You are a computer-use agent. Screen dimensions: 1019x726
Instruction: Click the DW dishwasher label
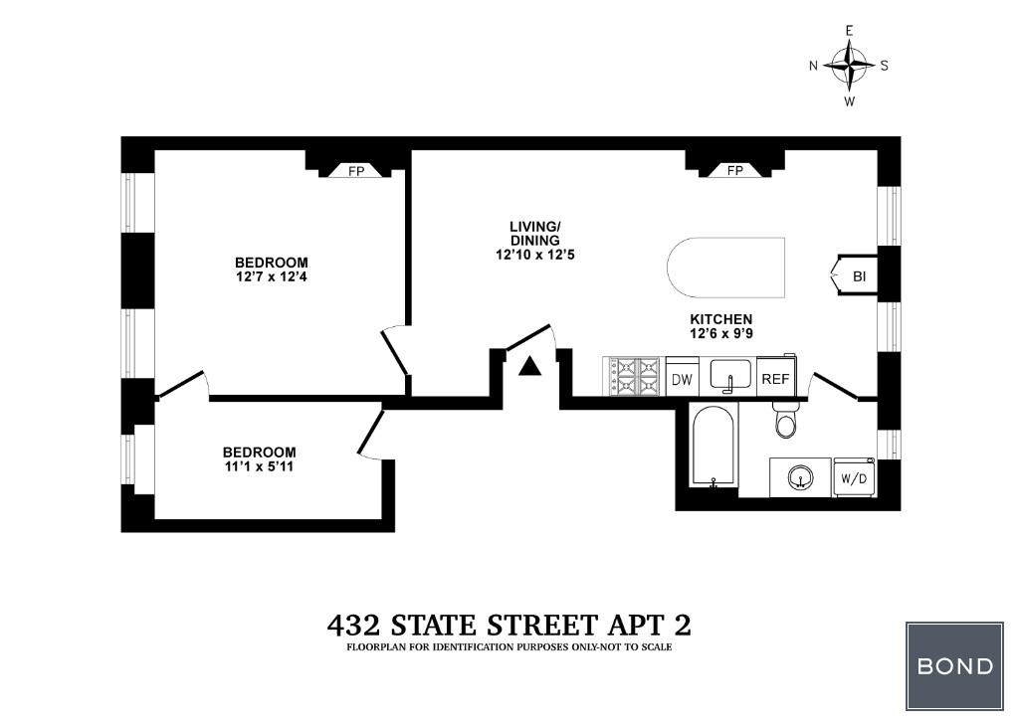[x=682, y=379]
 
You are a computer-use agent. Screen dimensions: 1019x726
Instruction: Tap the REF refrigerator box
[x=776, y=377]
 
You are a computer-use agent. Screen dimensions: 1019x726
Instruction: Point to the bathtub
[x=713, y=447]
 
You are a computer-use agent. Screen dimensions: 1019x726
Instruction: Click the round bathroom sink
[x=801, y=478]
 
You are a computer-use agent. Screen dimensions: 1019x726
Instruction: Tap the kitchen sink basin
[x=730, y=375]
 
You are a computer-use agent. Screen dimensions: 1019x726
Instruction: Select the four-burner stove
[x=634, y=377]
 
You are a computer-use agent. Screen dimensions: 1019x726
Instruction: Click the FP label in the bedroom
[x=356, y=172]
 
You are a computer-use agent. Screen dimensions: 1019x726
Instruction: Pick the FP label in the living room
[x=734, y=171]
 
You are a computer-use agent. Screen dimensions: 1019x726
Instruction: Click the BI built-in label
[x=859, y=276]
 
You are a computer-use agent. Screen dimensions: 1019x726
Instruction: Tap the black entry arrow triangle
[x=530, y=367]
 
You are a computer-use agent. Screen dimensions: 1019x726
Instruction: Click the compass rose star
[x=850, y=66]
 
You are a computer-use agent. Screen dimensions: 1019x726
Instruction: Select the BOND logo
[x=954, y=665]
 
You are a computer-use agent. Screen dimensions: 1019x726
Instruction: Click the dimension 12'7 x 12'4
[x=272, y=277]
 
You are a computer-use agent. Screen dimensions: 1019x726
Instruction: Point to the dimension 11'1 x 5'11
[x=260, y=466]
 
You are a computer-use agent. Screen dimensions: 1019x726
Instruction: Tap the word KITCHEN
[x=721, y=319]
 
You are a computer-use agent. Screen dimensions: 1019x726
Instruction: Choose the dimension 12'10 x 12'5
[x=534, y=256]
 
